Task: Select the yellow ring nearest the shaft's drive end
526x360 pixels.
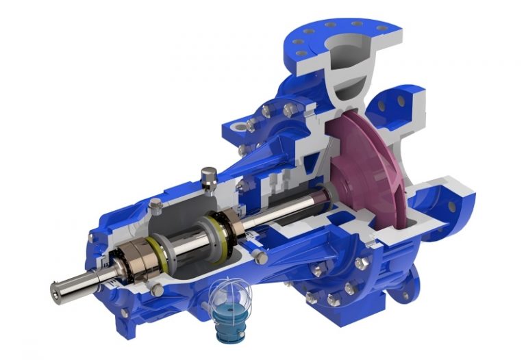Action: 155,248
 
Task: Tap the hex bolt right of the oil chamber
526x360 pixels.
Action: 258,255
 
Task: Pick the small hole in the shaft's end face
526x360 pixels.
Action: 55,290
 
